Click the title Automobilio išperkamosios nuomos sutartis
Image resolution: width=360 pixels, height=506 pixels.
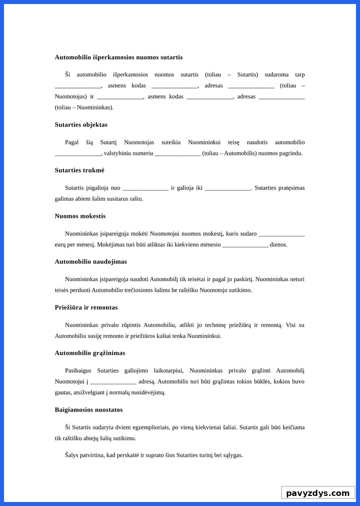(x=119, y=57)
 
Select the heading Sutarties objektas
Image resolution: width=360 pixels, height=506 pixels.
(x=81, y=125)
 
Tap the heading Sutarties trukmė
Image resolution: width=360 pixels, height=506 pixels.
(x=79, y=171)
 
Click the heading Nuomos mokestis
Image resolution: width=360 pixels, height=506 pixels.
(x=80, y=216)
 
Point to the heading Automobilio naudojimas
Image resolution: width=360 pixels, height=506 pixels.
(x=91, y=262)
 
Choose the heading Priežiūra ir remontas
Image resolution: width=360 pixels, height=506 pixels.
(x=86, y=307)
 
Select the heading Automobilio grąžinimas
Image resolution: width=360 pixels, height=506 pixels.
(x=90, y=353)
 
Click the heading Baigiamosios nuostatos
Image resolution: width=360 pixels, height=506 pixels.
(x=88, y=410)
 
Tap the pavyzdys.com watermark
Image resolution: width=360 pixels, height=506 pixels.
(x=318, y=493)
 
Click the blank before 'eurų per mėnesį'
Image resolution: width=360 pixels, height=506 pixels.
(x=282, y=234)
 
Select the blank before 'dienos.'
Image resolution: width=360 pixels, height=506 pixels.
(x=245, y=245)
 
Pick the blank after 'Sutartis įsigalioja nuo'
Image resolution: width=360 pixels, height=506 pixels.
(x=145, y=189)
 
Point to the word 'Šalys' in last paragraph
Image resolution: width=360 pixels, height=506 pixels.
(x=72, y=455)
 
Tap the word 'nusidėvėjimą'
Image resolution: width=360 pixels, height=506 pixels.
(x=148, y=392)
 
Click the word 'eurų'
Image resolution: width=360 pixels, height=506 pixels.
(x=61, y=245)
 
